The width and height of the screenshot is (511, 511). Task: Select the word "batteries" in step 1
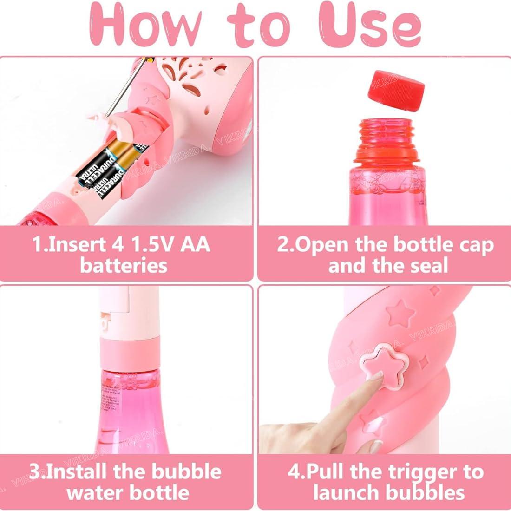click(124, 266)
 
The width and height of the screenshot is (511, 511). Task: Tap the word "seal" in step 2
click(426, 266)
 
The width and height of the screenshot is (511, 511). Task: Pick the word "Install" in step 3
click(76, 472)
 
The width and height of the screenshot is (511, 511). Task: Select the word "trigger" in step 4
click(410, 472)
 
